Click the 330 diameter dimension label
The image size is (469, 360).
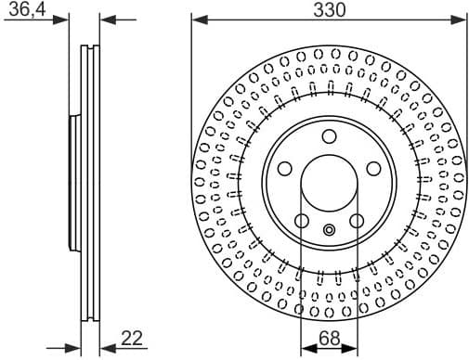[x=329, y=10]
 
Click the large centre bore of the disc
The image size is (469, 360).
[x=329, y=180]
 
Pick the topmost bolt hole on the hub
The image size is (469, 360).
[x=329, y=137]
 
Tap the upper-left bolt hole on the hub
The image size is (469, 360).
[x=285, y=168]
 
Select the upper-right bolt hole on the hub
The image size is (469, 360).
[x=373, y=168]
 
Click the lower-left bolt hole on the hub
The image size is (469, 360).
[x=302, y=221]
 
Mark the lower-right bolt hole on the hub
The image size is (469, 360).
[x=357, y=221]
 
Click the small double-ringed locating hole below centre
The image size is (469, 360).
[x=329, y=231]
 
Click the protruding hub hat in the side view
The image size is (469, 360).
[x=74, y=180]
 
